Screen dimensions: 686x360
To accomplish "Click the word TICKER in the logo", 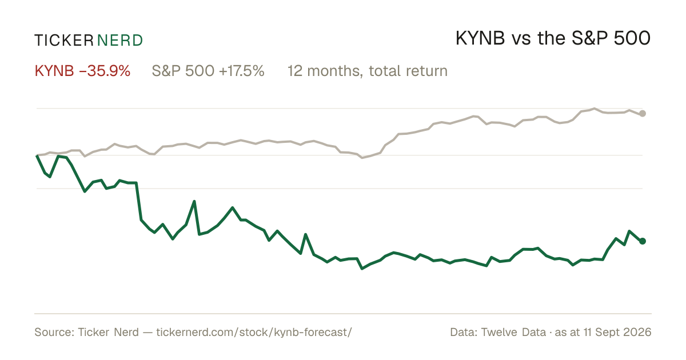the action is pos(64,41).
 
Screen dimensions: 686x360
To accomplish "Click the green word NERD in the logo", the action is pos(120,41).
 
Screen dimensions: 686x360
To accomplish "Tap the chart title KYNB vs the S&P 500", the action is pos(553,39).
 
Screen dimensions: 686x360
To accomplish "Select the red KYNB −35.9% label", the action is pos(83,71).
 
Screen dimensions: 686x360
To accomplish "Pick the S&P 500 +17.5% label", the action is pos(208,71).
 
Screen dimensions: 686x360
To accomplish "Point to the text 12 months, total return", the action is pos(367,71).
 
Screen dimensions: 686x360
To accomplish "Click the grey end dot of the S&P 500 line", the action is pos(643,114).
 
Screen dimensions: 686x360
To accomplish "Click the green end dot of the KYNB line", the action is pos(643,241).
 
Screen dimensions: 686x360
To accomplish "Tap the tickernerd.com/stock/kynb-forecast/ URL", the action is pos(254,333).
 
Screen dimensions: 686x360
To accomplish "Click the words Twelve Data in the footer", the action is pos(513,332).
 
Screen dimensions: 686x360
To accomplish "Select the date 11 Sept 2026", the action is pos(617,332).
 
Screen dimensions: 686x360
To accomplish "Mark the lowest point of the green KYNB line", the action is pos(362,269).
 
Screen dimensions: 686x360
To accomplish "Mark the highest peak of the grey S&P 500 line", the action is pos(595,109).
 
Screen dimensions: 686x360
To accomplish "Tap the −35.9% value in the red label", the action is pos(105,71).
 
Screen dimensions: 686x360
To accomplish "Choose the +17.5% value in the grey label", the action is pos(242,71).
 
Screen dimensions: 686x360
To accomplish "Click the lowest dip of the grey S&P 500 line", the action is pos(362,158).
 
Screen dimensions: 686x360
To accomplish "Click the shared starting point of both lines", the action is pos(37,155).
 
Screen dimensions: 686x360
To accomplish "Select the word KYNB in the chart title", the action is pos(480,39).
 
